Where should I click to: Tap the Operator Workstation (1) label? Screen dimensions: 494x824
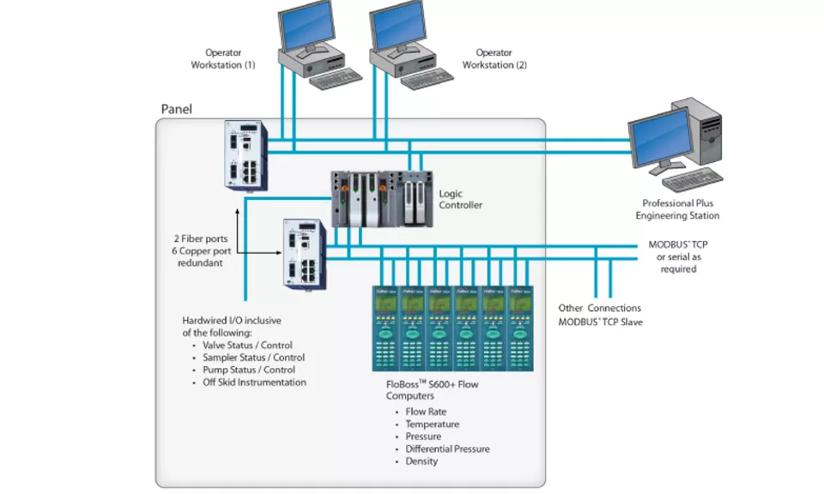(223, 59)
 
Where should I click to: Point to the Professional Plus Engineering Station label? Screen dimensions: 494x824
(677, 209)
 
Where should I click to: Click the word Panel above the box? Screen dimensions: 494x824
(177, 110)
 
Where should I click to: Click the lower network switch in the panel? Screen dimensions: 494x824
(305, 255)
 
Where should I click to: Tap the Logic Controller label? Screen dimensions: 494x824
(460, 199)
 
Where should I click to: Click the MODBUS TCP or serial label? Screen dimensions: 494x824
(677, 256)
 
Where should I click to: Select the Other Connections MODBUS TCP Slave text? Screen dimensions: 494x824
(599, 315)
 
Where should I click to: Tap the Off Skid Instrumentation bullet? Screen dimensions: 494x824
(254, 383)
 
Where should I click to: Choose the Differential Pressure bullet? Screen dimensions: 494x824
(447, 449)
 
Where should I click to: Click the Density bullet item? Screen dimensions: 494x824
(421, 461)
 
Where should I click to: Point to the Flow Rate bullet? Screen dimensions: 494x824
(426, 412)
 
